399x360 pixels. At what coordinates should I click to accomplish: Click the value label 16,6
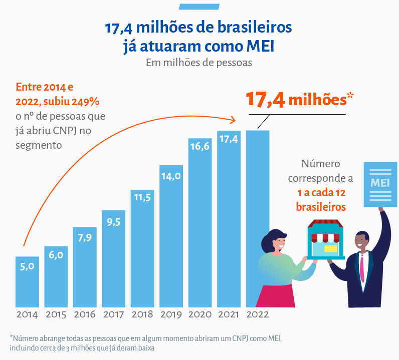tap(199, 146)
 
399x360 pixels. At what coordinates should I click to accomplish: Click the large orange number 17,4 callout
tap(265, 99)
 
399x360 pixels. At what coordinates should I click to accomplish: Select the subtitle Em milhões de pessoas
tap(199, 63)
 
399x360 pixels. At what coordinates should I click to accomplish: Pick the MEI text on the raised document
tap(379, 182)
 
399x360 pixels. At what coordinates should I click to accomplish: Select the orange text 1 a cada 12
tap(321, 194)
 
